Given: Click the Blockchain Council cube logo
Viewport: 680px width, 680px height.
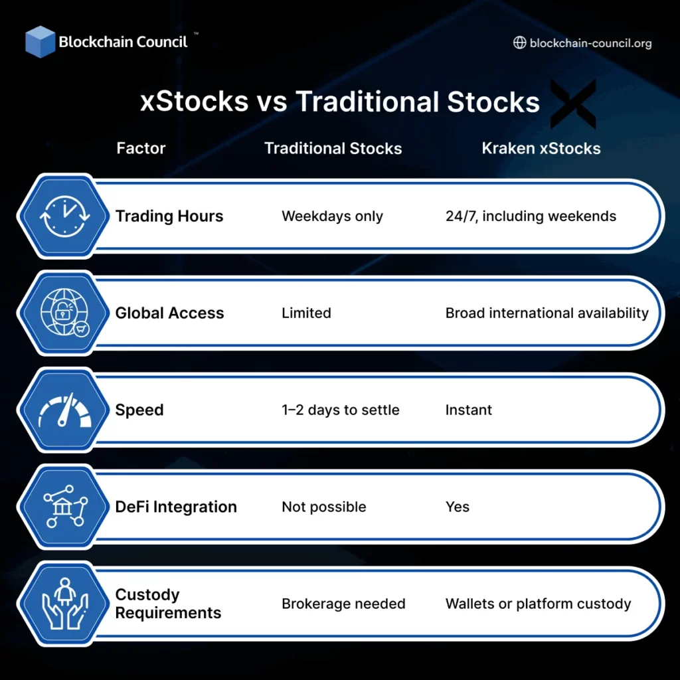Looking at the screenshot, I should point(40,41).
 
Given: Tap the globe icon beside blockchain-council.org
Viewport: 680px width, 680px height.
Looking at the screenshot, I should point(520,43).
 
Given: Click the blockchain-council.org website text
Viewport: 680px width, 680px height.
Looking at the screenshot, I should point(590,43).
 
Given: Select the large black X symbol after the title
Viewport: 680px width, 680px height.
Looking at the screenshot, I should point(573,104).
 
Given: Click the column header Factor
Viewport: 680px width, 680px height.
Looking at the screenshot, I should point(141,148).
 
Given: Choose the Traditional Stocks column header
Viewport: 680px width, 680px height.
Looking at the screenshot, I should point(333,148).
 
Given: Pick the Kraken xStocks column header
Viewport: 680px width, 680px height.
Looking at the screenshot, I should point(541,148).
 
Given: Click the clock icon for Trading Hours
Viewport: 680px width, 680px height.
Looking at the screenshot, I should point(64,216).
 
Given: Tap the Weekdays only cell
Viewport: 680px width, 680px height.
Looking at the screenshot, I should point(332,216).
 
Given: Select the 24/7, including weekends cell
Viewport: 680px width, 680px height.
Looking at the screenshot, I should point(531,216).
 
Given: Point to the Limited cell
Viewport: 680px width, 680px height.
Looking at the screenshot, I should point(306,313).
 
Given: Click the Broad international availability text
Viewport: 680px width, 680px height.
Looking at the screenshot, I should point(547,313).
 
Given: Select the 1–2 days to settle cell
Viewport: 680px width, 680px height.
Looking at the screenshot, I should point(340,410).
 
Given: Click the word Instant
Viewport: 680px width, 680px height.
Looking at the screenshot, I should point(468,410).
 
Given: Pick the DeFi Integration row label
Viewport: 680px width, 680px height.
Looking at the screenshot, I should point(176,507).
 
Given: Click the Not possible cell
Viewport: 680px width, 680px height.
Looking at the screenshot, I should point(323,507).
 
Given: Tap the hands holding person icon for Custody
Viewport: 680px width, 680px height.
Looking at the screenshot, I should point(64,604).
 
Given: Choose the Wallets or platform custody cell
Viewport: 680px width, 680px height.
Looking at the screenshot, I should point(538,604).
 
